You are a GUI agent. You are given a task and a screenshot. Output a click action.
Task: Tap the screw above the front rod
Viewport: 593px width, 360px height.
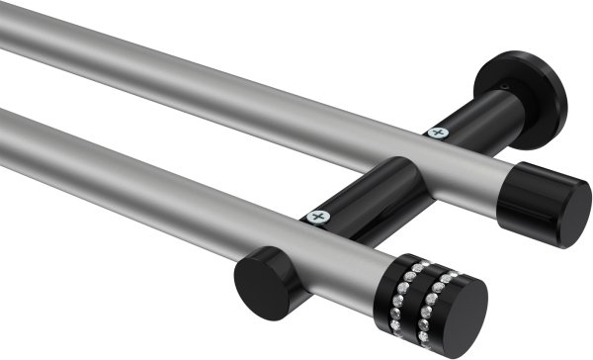(317, 214)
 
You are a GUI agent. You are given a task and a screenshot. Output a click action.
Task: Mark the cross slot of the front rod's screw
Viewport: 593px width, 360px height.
(317, 214)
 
